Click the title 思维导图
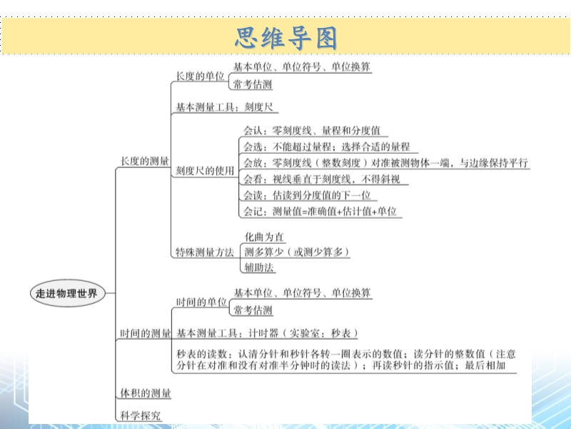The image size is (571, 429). pos(286,38)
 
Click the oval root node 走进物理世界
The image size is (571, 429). pos(67,293)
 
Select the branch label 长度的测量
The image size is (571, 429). pos(145,161)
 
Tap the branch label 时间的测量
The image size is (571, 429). pos(146,333)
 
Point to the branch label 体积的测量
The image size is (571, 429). pos(146,393)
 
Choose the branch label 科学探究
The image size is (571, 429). pos(140,415)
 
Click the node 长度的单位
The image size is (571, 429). pos(200,76)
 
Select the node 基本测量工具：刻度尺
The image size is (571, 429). pos(224,107)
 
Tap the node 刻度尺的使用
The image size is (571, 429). pos(205,170)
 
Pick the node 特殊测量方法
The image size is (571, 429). pos(205,252)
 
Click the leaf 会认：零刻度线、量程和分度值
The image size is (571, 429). pos(312,130)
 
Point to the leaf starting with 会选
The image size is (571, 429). pos(327,147)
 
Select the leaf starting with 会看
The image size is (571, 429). pos(322,179)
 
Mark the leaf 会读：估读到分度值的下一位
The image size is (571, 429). pos(307,195)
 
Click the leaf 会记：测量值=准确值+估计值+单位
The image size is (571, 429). pos(320,212)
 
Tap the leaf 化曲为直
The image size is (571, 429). pos(264,237)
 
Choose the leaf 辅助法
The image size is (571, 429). pos(259,267)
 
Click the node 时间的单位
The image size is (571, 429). pos(201,302)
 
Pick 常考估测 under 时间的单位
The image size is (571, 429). pos(253,310)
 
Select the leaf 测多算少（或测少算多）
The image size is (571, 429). pos(297,252)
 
